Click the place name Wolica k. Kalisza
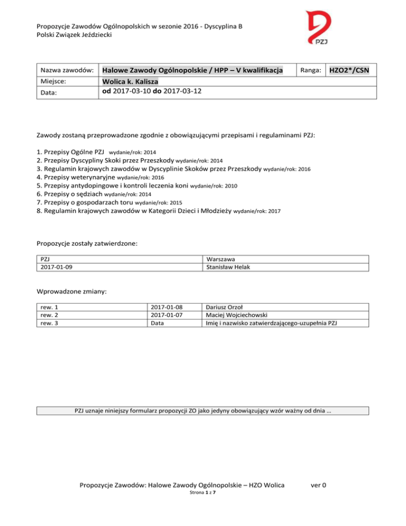click(x=134, y=81)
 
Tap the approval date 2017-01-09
click(x=57, y=267)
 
